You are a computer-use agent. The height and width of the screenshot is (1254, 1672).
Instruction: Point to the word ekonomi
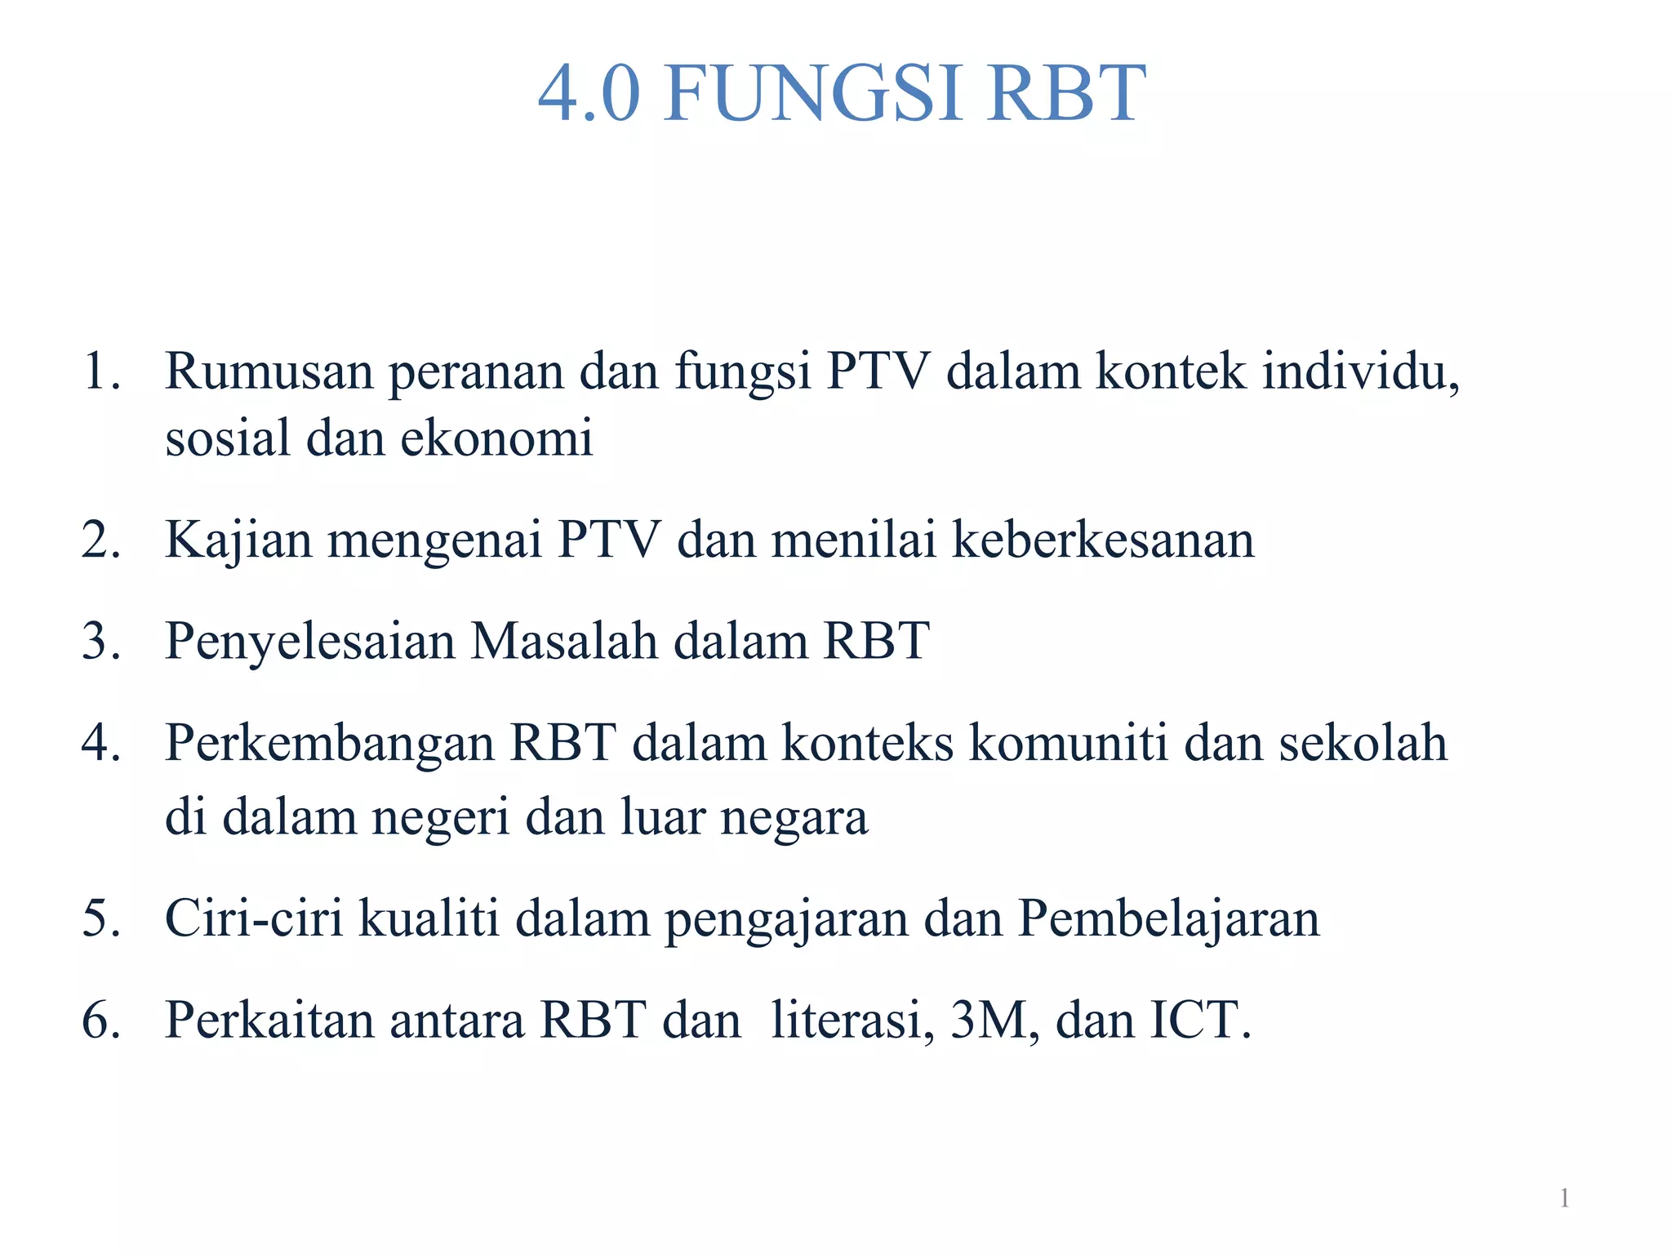(x=496, y=438)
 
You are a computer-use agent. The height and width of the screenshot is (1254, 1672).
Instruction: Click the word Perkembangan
(x=330, y=743)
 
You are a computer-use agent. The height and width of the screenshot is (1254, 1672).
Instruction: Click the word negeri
(x=441, y=818)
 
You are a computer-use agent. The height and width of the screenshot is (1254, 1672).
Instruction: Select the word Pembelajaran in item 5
(x=1168, y=918)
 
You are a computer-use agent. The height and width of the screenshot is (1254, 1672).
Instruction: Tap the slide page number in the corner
(x=1564, y=1198)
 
